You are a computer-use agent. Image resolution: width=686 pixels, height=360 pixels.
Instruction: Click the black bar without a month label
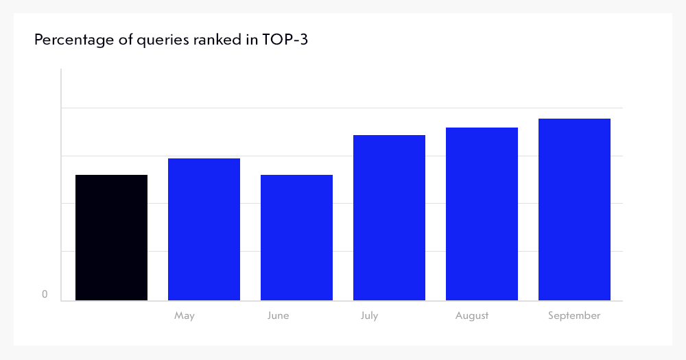(111, 237)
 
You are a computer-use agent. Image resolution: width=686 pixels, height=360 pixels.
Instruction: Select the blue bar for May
(204, 229)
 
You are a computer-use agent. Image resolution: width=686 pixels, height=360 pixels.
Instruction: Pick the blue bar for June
(296, 237)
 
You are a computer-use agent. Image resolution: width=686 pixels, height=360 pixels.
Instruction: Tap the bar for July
(389, 217)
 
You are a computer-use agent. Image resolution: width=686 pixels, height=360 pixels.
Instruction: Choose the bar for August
(482, 214)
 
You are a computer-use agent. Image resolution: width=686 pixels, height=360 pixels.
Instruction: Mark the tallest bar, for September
(574, 209)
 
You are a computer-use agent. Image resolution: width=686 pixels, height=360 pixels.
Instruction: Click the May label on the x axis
(185, 315)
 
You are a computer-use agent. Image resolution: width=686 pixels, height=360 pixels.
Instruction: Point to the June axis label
(279, 315)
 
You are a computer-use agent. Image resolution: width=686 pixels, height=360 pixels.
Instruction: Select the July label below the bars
(369, 315)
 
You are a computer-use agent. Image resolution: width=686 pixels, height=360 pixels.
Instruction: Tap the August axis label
(472, 315)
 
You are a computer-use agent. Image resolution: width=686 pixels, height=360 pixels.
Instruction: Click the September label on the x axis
(574, 315)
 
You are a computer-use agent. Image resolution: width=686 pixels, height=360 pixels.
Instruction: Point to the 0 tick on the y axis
(45, 295)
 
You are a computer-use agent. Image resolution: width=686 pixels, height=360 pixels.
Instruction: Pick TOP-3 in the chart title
(285, 40)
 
